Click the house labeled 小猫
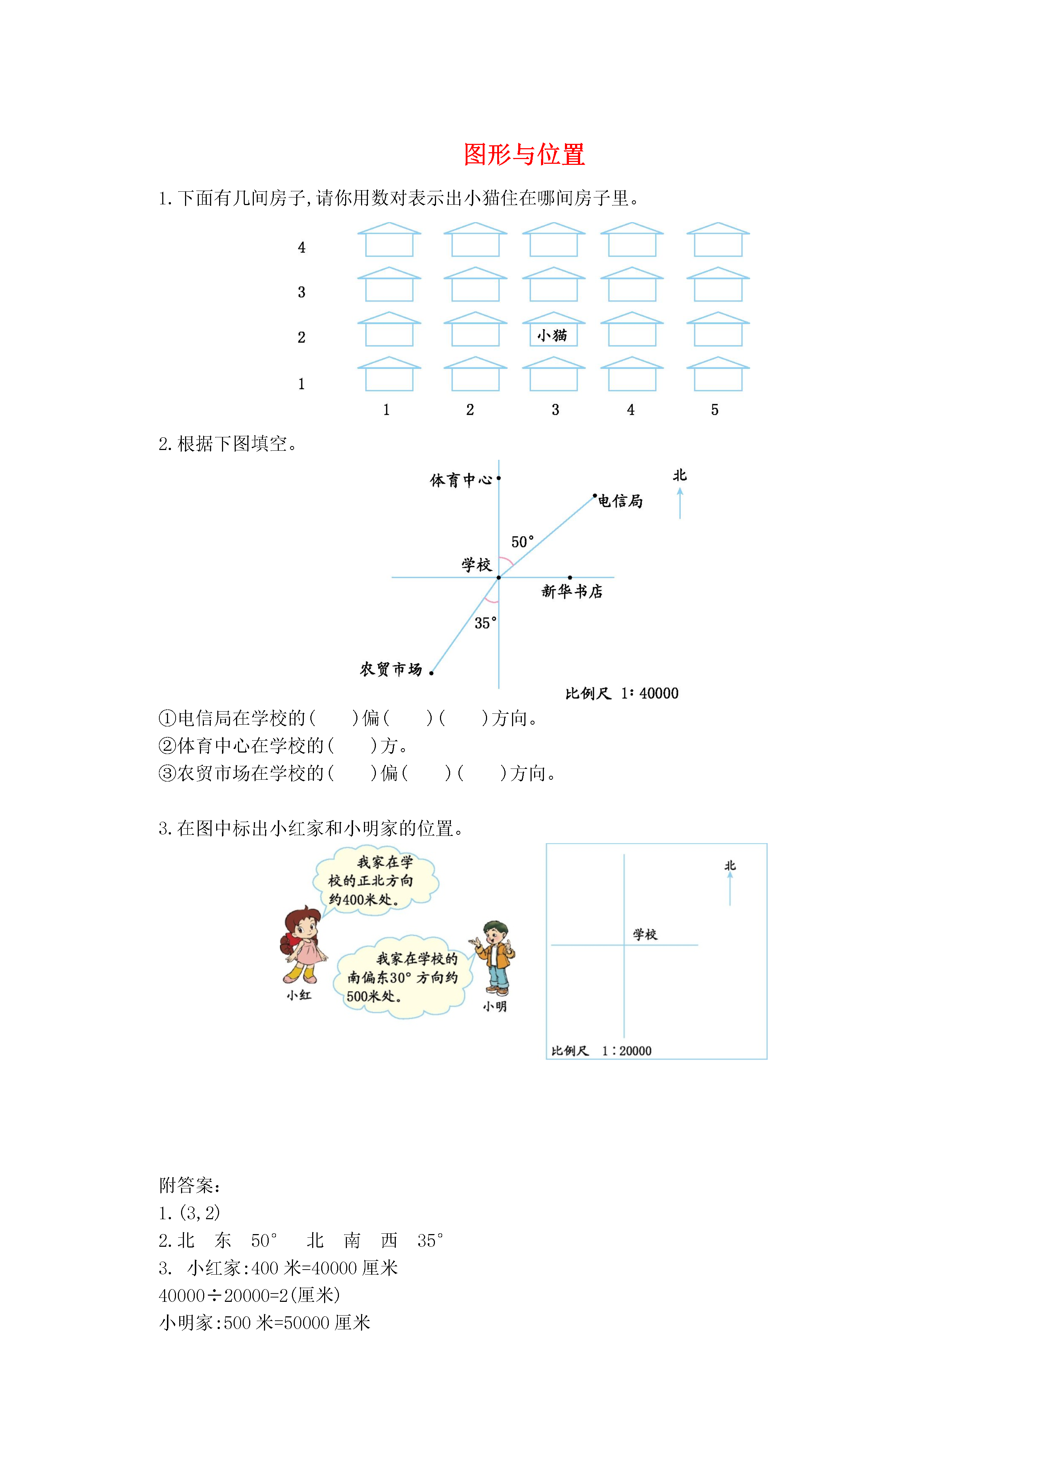tap(553, 329)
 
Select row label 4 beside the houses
tap(302, 247)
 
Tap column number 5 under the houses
tap(715, 409)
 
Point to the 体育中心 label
tap(461, 480)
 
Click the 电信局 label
tap(621, 501)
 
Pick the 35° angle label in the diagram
tap(486, 622)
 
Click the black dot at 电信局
tap(595, 496)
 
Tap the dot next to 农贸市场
tap(431, 673)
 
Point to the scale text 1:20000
tap(626, 1051)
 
